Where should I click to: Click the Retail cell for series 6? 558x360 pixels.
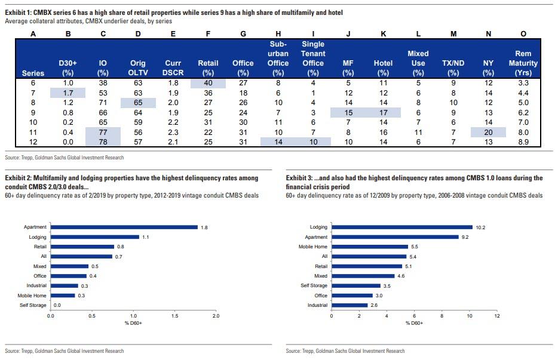coord(208,83)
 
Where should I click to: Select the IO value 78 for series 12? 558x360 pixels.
coord(103,141)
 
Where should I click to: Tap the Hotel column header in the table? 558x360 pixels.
coord(383,63)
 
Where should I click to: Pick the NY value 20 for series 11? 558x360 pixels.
coord(488,131)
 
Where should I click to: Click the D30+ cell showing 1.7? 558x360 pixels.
coord(68,93)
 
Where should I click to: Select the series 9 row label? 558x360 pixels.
coord(33,112)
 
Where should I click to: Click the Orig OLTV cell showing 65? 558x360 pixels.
coord(138,103)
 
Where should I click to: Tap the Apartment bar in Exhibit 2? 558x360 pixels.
coord(124,227)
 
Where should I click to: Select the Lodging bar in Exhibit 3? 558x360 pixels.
coord(401,227)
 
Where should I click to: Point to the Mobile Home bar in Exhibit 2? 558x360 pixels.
coord(63,295)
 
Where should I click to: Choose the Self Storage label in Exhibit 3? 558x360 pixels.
coord(314,285)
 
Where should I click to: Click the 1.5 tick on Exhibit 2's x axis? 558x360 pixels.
coord(174,315)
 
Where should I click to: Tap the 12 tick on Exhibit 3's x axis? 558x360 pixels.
coord(496,315)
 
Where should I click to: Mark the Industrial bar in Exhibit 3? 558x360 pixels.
coord(349,305)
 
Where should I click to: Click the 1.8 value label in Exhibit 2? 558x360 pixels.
coord(204,227)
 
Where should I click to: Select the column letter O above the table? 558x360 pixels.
coord(523,34)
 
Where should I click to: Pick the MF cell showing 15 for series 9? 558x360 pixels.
coord(348,112)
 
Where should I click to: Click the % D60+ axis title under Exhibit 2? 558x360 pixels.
coord(133,323)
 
